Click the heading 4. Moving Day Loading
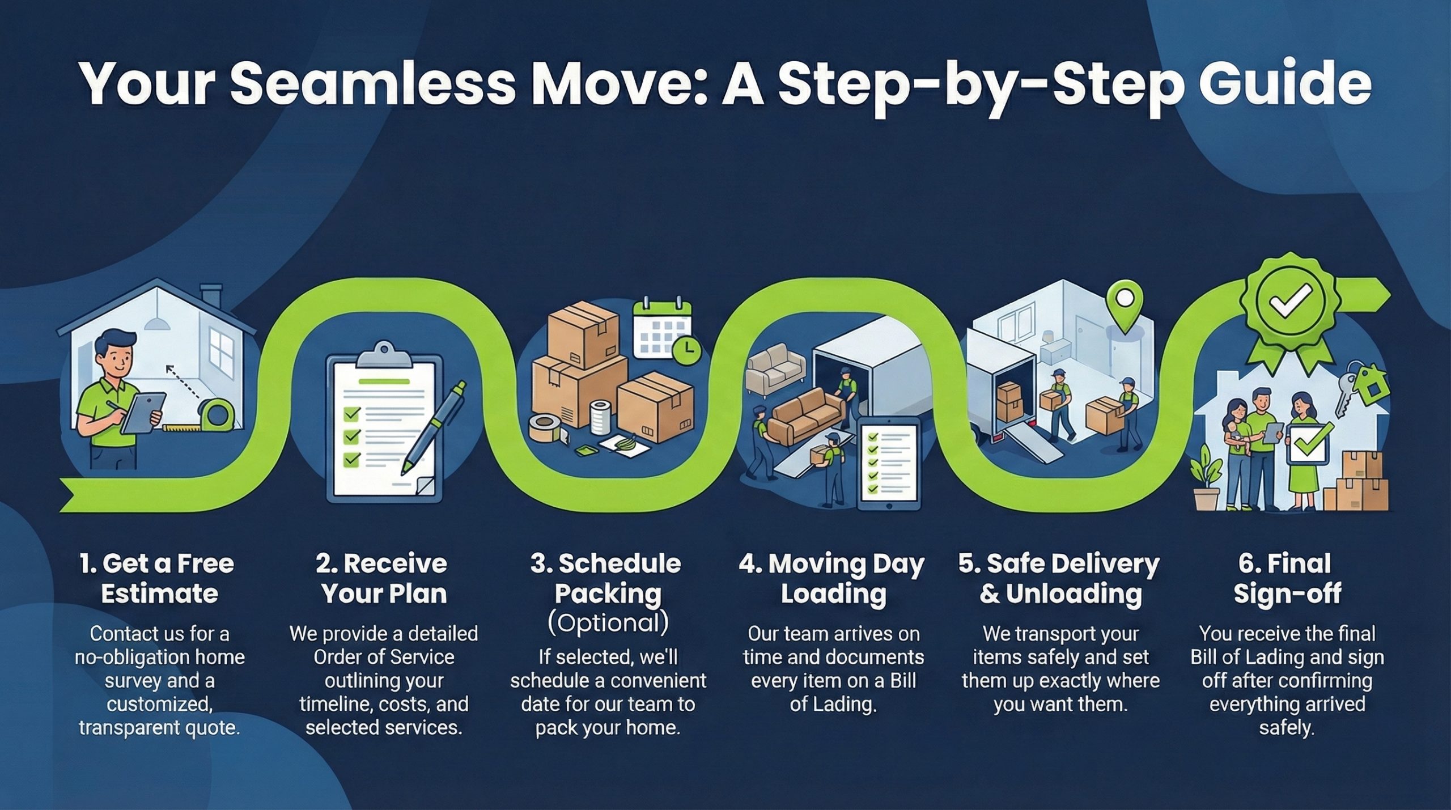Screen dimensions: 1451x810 tap(832, 578)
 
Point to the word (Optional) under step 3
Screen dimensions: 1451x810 tap(608, 623)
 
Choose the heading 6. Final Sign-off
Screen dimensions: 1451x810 tap(1287, 578)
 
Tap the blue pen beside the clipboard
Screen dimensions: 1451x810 tap(434, 427)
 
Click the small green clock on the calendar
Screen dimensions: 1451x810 tap(686, 352)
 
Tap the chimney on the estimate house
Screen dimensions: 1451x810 tap(211, 295)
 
